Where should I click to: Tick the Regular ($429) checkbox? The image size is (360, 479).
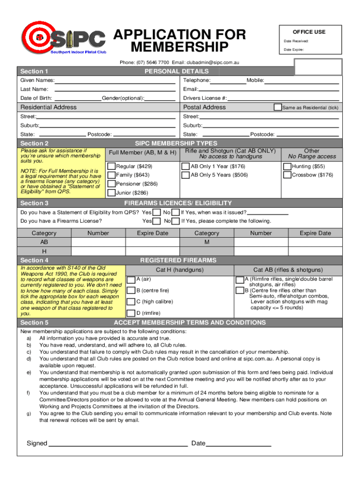click(111, 167)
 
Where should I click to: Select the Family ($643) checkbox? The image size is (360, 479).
click(111, 175)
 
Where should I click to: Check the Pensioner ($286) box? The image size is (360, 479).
click(111, 183)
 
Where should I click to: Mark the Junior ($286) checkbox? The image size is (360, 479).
click(111, 192)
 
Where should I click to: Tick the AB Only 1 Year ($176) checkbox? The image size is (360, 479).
click(185, 167)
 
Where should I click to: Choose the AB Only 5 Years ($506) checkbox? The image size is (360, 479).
click(185, 175)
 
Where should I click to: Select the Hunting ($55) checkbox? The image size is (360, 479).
click(287, 167)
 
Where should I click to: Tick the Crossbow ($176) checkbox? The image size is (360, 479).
click(287, 175)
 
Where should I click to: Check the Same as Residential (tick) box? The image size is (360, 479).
click(278, 107)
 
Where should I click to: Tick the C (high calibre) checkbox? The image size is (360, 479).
click(131, 302)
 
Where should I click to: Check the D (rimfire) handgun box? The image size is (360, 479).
click(131, 313)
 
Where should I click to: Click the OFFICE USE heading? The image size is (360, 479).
click(309, 32)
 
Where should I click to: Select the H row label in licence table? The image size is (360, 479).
click(44, 252)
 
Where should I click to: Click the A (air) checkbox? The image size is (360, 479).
click(131, 279)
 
